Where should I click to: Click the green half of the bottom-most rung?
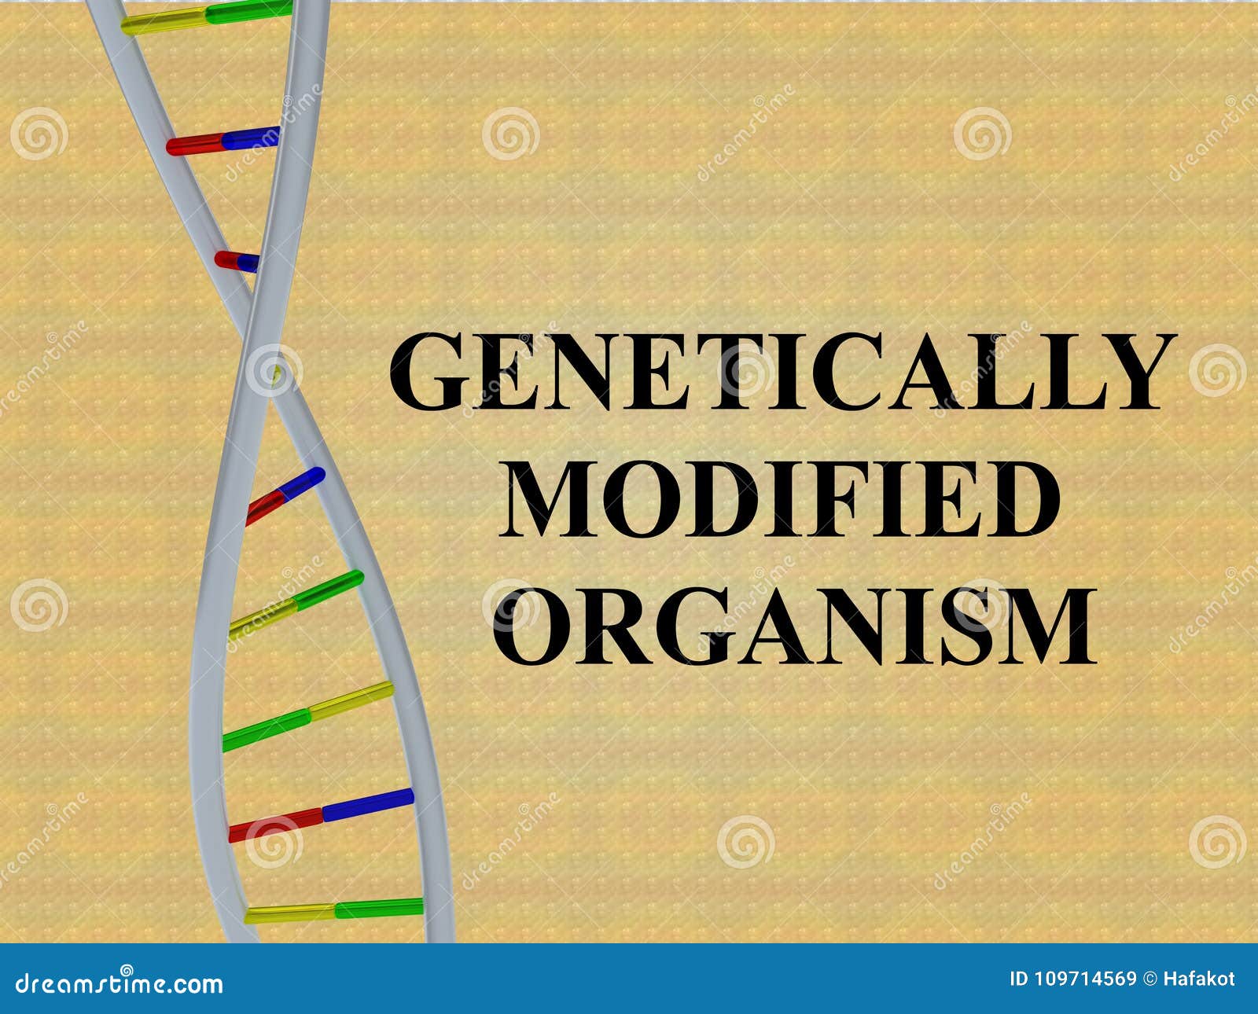point(379,908)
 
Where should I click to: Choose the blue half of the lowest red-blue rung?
point(367,803)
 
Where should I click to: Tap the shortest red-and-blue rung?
point(237,260)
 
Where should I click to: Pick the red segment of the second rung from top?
point(194,145)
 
